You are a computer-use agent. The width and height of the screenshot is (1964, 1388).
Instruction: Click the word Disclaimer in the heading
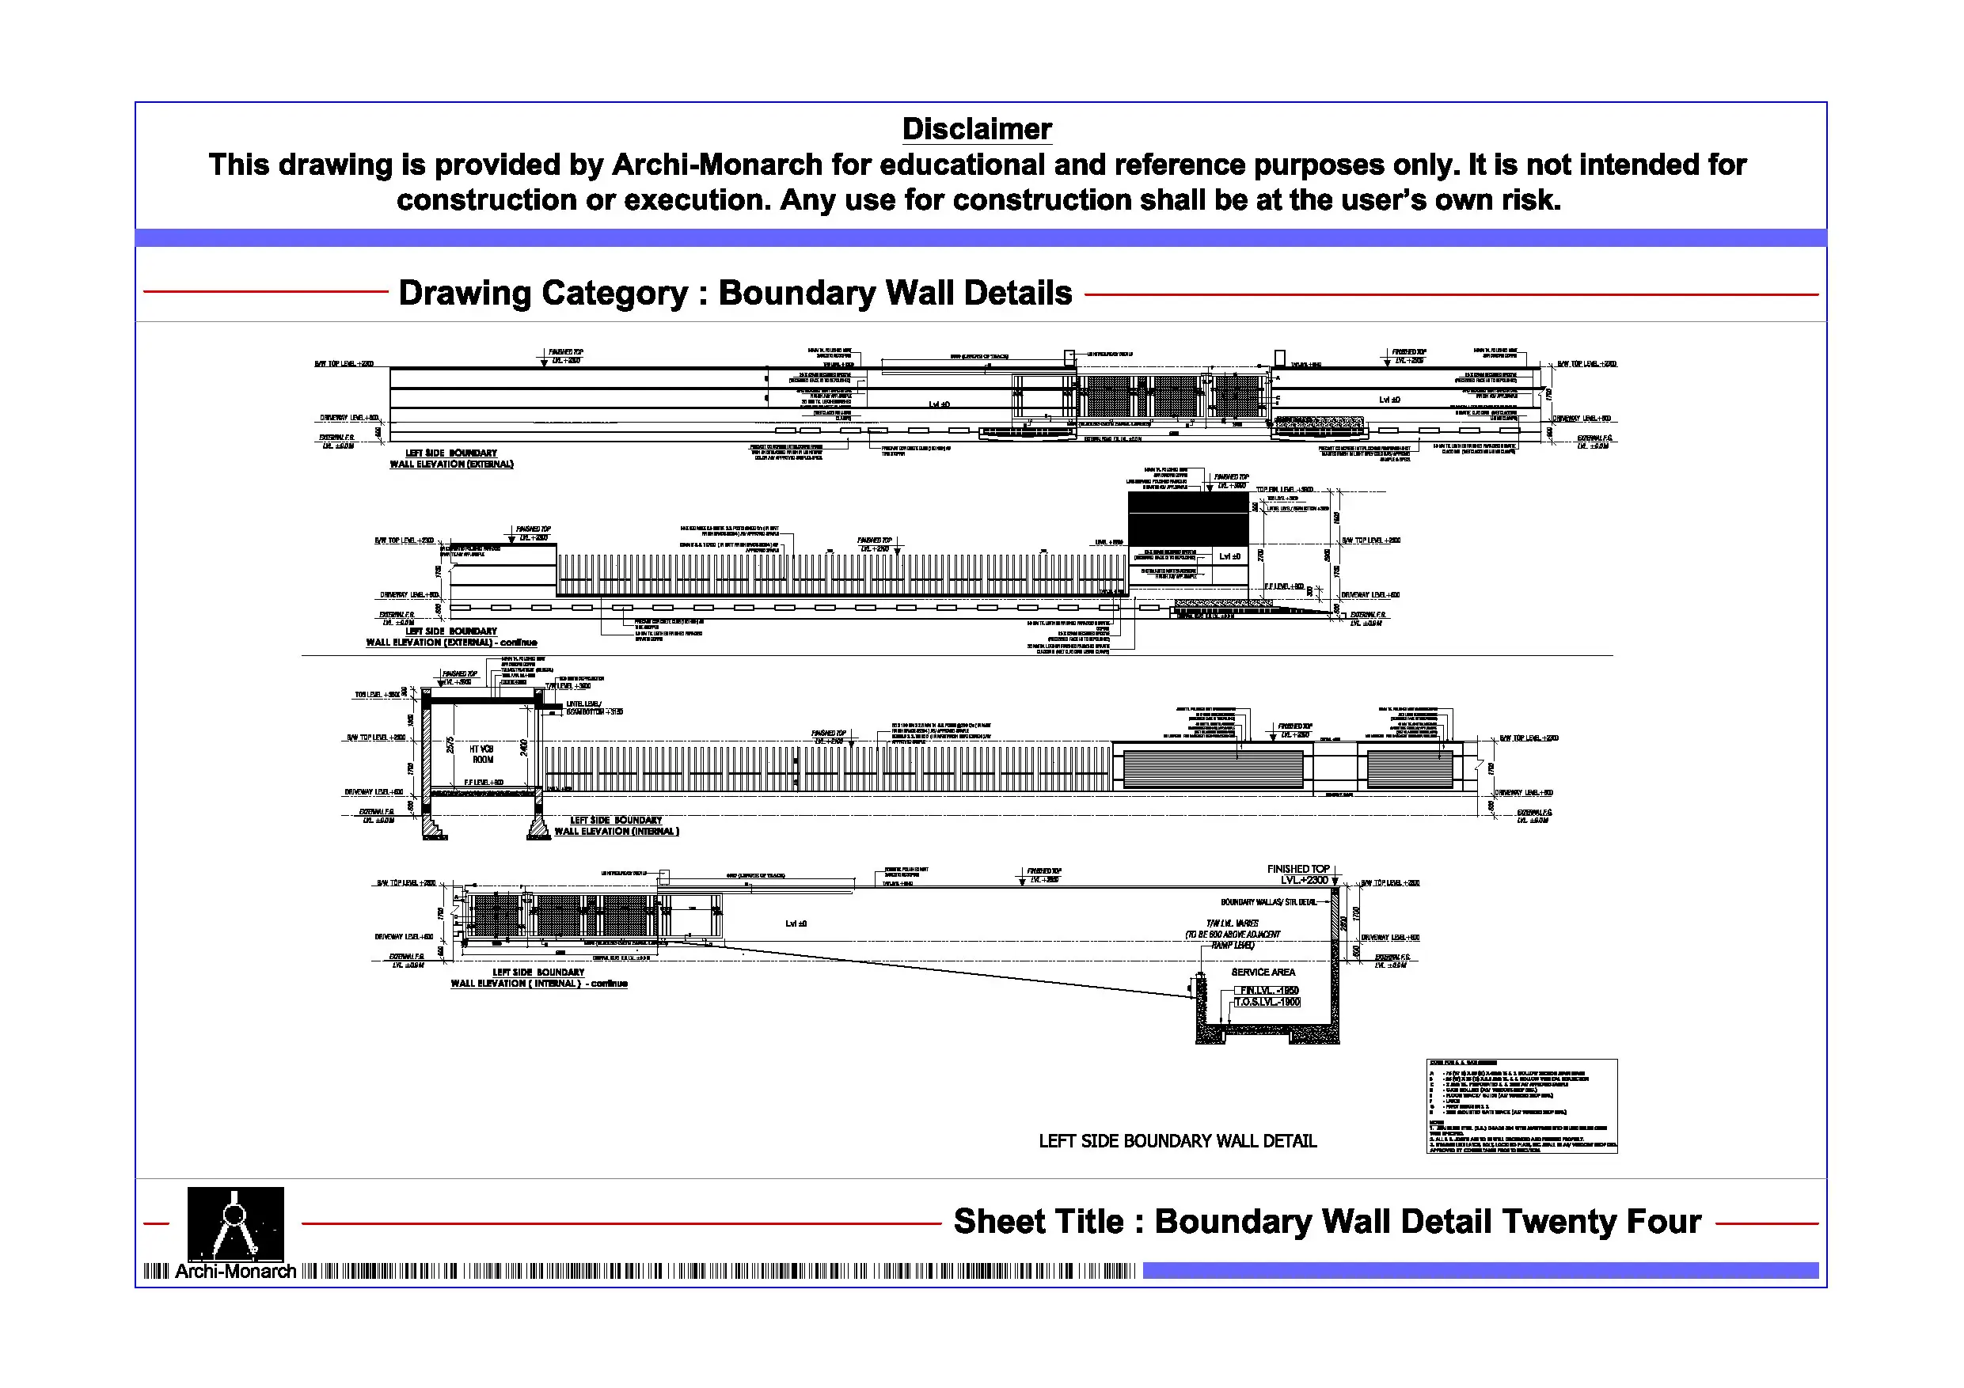[976, 129]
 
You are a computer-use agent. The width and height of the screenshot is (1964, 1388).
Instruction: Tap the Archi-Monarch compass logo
[235, 1222]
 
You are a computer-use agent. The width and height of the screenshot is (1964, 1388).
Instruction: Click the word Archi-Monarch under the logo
[235, 1271]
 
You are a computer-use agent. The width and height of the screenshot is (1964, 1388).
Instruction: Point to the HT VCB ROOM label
[482, 754]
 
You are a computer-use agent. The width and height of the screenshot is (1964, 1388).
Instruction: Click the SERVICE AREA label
[1263, 973]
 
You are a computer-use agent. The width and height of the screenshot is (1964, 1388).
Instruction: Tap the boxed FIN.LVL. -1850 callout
[1268, 990]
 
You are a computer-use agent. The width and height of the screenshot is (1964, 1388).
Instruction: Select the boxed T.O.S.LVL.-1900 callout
[1267, 1003]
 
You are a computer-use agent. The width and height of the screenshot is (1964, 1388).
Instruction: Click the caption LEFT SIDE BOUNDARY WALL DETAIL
[1177, 1141]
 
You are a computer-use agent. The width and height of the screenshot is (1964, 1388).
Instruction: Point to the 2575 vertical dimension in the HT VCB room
[450, 745]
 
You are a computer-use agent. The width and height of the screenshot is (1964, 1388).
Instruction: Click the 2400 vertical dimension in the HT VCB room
[524, 749]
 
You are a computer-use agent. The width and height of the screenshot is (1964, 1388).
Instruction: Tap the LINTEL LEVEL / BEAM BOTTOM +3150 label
[594, 708]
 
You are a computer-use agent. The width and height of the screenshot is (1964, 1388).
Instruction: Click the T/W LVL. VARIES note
[1232, 923]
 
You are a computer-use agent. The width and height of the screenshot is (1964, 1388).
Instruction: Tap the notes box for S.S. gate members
[1521, 1105]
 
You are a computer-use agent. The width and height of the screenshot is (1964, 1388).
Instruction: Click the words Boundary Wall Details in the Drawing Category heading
[895, 293]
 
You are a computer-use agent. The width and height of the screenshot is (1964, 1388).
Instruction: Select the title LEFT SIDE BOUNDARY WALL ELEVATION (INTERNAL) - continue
[539, 978]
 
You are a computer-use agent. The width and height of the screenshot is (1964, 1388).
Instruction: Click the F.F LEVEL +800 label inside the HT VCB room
[484, 783]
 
